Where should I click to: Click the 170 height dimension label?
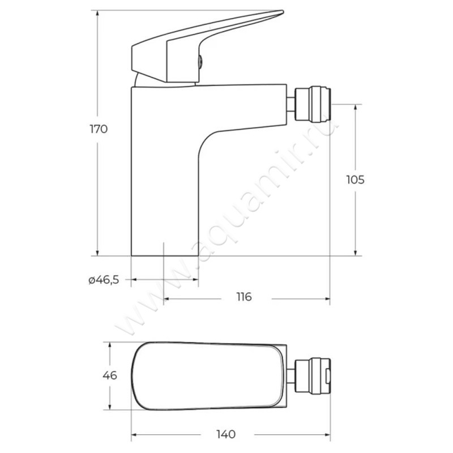(x=99, y=129)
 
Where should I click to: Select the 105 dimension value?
(x=356, y=180)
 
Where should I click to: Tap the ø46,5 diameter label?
(x=104, y=280)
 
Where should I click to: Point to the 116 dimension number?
(x=244, y=297)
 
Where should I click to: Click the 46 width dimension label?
(x=110, y=375)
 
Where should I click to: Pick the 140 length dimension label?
(x=226, y=434)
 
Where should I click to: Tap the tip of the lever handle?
(x=283, y=12)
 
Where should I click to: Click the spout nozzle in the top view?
(x=313, y=375)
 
